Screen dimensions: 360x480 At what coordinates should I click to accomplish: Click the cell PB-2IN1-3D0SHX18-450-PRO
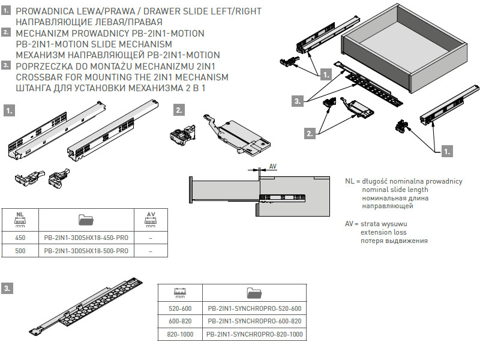(86, 237)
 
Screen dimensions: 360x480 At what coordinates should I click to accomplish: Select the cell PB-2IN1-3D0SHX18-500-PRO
(86, 251)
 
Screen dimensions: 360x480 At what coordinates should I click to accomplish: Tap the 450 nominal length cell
(20, 237)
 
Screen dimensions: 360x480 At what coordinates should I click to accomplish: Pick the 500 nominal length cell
(20, 251)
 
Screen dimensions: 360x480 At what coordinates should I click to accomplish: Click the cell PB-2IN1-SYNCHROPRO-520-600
(254, 308)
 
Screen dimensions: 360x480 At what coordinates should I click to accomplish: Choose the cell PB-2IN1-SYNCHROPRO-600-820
(254, 321)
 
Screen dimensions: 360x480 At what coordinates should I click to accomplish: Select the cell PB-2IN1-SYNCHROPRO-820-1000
(254, 334)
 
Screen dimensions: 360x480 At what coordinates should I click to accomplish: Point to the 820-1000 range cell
(179, 334)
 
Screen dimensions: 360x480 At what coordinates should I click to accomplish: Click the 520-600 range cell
(179, 308)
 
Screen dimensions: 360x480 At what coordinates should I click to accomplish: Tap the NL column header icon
(20, 219)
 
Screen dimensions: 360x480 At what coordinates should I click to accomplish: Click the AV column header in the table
(151, 219)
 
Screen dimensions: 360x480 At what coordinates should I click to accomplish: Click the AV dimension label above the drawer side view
(273, 166)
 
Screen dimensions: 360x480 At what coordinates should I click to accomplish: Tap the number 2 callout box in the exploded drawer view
(310, 134)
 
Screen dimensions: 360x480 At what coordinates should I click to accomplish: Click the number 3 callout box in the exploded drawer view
(298, 101)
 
